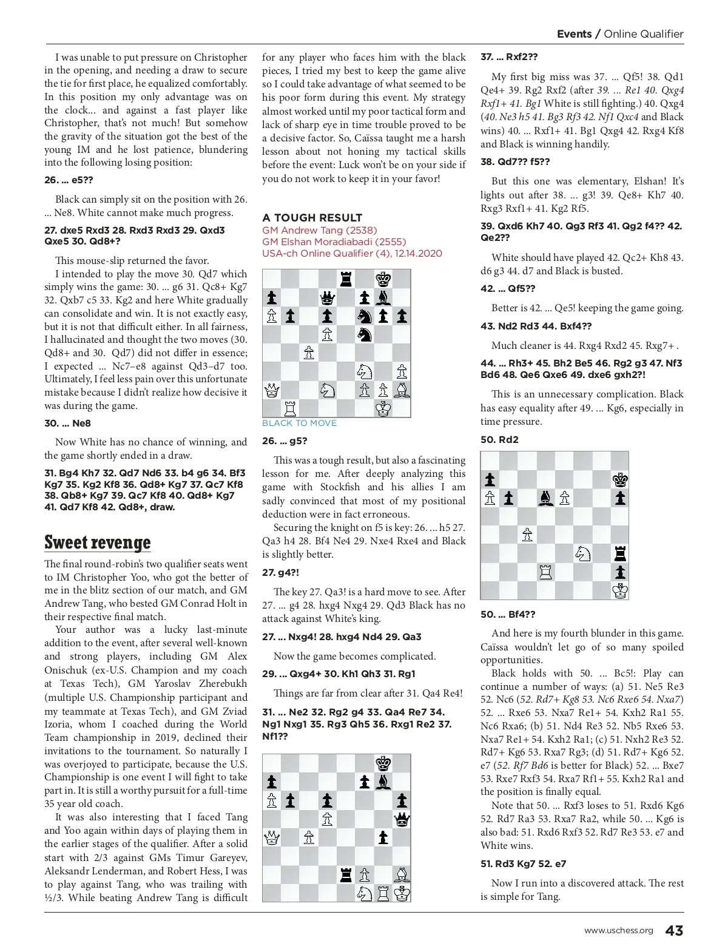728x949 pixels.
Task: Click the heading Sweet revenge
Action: point(98,542)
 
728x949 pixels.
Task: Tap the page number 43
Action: point(674,931)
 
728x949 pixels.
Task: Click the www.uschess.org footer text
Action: point(618,931)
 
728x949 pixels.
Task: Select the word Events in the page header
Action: point(574,34)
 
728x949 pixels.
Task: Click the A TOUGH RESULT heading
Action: point(312,218)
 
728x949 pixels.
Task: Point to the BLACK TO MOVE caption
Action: point(299,423)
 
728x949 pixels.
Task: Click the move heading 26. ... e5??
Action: point(69,180)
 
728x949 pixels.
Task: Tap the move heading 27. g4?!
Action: point(280,572)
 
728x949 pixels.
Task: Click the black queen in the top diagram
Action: point(327,297)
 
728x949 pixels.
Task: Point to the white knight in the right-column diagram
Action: point(583,553)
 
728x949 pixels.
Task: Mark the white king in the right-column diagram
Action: point(620,590)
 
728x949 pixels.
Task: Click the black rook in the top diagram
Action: point(346,279)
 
